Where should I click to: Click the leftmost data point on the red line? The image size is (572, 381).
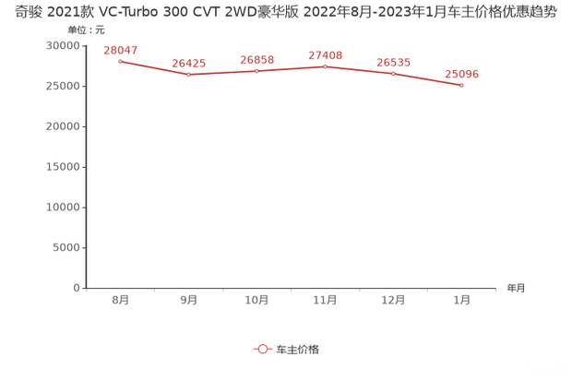coord(120,61)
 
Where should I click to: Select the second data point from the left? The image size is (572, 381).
coord(188,74)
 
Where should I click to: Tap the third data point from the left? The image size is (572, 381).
coord(256,70)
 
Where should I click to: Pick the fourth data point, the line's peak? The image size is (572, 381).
coord(325,65)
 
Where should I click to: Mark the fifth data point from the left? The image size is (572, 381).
coord(393,73)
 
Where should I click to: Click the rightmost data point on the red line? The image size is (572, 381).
coord(461,85)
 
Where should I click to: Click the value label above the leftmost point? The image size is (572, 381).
coord(120,49)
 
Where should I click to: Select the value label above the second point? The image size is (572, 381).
coord(188,63)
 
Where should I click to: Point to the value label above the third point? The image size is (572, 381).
coord(256,59)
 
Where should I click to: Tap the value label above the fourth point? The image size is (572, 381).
coord(325,54)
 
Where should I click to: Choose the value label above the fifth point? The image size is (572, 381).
coord(393,62)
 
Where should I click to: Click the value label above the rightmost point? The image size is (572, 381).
coord(461,73)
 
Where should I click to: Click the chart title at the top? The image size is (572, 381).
coord(286,14)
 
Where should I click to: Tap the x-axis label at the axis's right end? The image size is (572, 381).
coord(514,289)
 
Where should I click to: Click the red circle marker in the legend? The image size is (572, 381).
coord(262,350)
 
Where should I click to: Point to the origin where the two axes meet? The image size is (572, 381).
coord(85,288)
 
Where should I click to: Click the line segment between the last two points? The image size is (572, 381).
coord(427,78)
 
